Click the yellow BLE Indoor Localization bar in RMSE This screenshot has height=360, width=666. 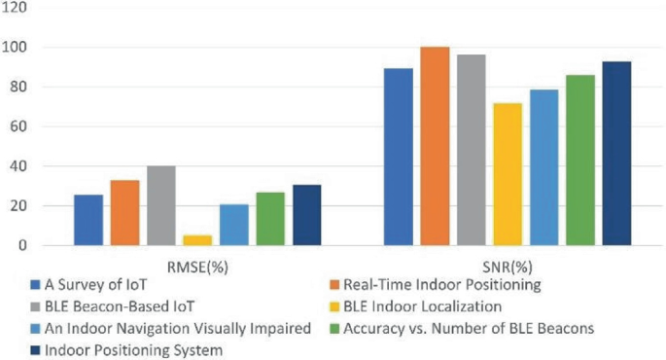click(197, 240)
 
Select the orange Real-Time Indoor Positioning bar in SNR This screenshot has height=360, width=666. click(435, 146)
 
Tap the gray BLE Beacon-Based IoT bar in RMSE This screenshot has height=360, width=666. click(160, 205)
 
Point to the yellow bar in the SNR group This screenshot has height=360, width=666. click(508, 174)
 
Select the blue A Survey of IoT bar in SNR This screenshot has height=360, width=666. click(399, 157)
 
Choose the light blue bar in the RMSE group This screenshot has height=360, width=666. click(233, 225)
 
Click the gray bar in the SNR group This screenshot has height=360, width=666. click(472, 150)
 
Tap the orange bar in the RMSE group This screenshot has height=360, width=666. click(124, 212)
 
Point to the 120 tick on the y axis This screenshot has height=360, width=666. click(15, 8)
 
